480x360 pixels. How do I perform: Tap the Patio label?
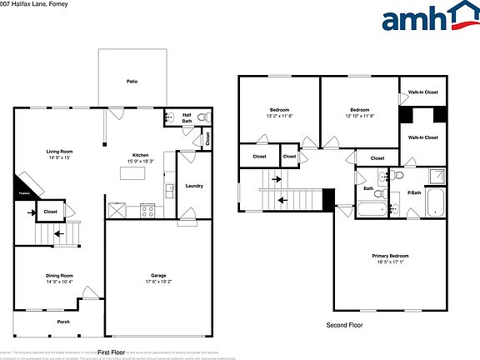click(132, 82)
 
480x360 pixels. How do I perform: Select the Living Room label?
click(58, 151)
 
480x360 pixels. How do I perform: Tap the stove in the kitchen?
click(147, 210)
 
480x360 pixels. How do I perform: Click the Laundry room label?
click(194, 186)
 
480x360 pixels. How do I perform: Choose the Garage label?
click(158, 276)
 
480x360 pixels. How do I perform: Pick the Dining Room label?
click(59, 276)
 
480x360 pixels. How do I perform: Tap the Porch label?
click(63, 322)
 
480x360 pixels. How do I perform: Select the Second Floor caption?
click(344, 326)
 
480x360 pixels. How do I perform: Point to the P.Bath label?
click(413, 192)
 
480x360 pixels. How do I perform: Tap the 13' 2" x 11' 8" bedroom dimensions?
click(278, 116)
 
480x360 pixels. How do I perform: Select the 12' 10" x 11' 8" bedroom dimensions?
click(359, 116)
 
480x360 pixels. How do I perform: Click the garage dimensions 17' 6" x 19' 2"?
click(158, 282)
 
